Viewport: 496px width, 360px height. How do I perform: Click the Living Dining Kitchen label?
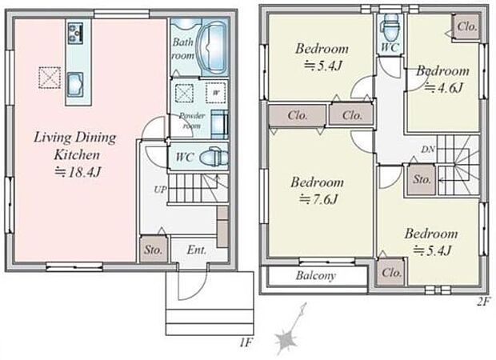[x=75, y=146]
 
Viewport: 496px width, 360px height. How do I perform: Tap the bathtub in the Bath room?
[x=213, y=47]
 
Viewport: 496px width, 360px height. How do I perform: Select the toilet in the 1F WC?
[x=215, y=156]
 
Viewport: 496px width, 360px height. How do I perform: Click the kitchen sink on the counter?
[x=75, y=84]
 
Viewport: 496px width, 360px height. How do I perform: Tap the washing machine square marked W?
[x=216, y=93]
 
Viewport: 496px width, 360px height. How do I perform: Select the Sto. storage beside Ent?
[x=154, y=249]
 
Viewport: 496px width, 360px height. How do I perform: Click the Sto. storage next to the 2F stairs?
[x=421, y=180]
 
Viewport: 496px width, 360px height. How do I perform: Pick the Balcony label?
[x=315, y=275]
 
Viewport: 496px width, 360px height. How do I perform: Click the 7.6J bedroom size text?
[x=319, y=199]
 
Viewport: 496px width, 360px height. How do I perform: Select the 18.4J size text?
[x=78, y=173]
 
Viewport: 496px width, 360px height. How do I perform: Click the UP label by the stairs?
[x=160, y=190]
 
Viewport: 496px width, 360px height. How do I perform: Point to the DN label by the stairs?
[x=428, y=150]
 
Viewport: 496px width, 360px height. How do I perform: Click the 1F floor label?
[x=245, y=342]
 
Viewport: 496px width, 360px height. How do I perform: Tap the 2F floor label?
[x=484, y=301]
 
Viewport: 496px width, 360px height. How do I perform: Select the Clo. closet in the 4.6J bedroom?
[x=466, y=27]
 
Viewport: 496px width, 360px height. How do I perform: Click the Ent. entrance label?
[x=197, y=250]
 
